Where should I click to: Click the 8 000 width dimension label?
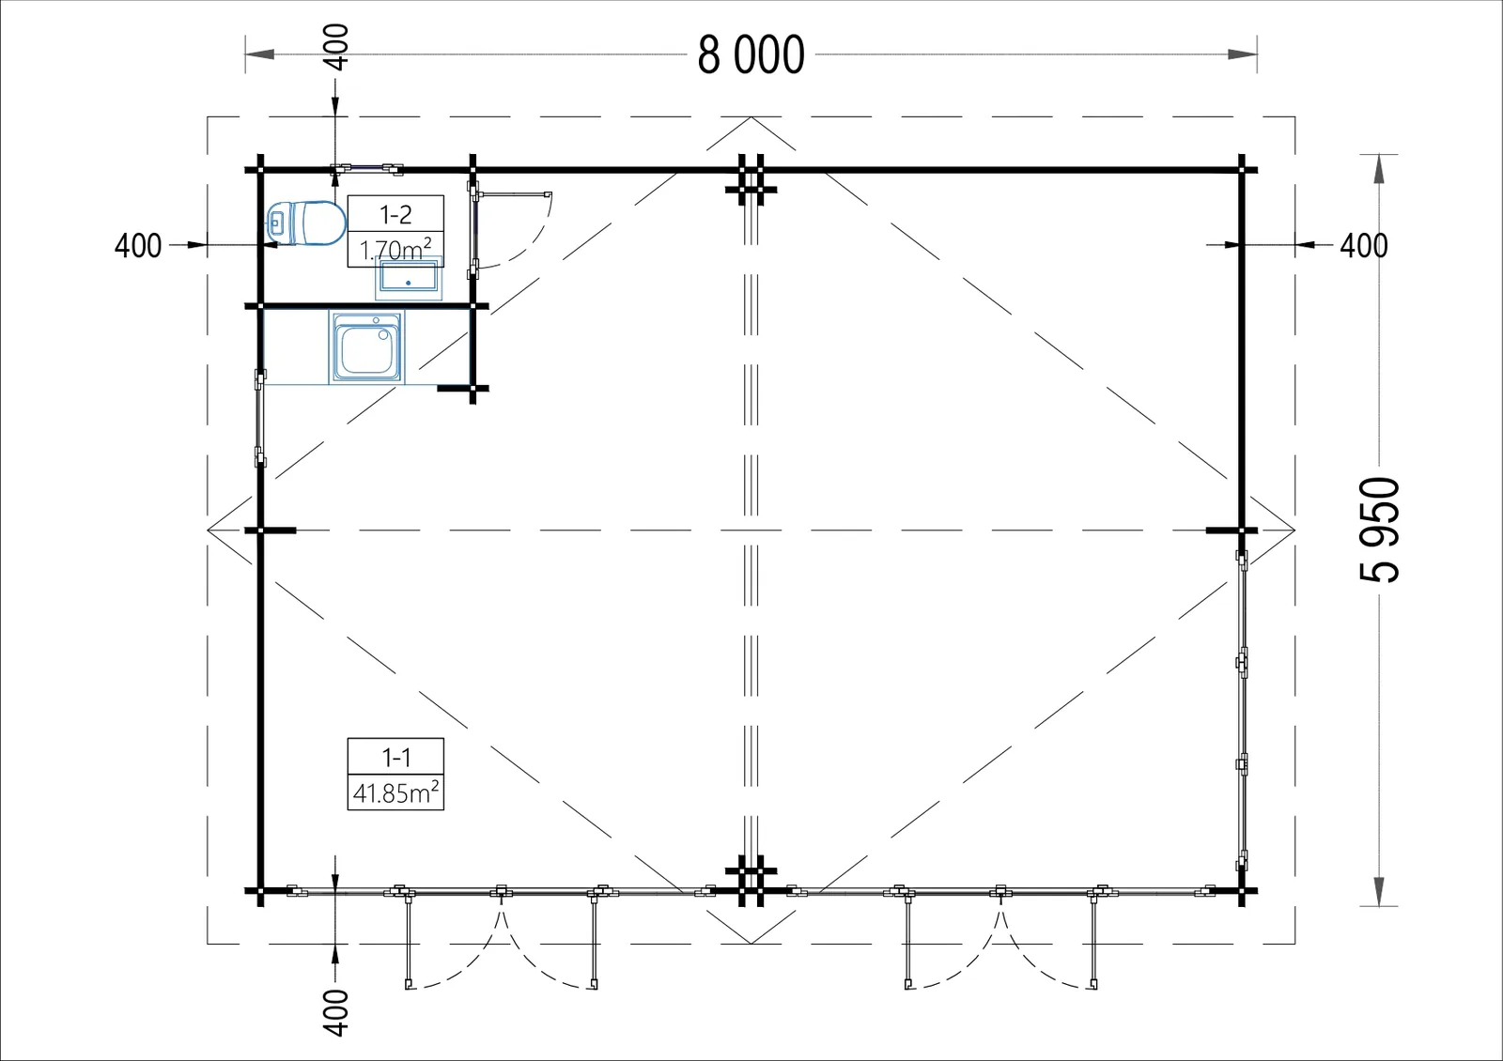[751, 55]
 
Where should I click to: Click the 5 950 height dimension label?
[1380, 530]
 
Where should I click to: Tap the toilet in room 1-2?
[306, 223]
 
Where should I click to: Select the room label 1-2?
[395, 215]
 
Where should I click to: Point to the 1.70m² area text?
[395, 250]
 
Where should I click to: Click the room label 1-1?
[395, 758]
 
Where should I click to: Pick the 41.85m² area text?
[395, 792]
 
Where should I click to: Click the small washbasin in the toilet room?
[409, 278]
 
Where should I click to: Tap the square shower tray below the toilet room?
[366, 347]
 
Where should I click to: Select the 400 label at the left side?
[138, 246]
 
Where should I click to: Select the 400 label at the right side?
[1364, 246]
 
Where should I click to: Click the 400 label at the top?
[336, 47]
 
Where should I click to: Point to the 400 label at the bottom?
[336, 1013]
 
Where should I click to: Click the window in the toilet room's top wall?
[366, 168]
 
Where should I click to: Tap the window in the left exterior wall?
[259, 417]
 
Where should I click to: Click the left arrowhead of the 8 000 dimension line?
[259, 54]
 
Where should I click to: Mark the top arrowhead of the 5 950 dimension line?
[1379, 169]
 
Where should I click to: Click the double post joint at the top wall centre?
[751, 179]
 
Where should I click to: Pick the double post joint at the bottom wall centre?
[751, 881]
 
